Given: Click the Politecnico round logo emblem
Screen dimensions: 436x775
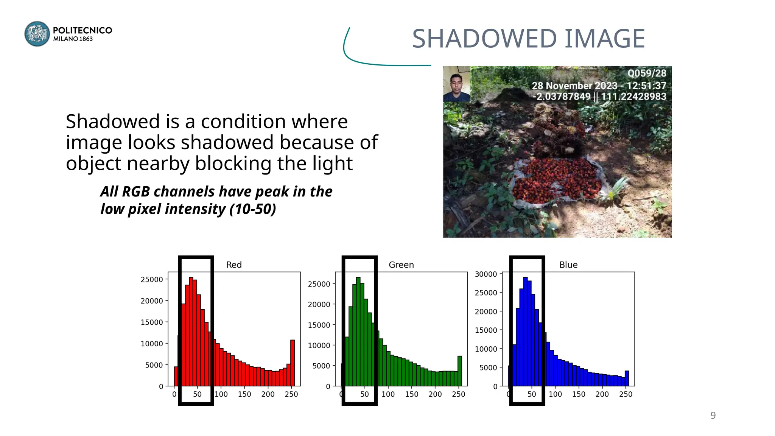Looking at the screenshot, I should [37, 34].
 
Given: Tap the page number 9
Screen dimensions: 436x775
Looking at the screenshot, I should [713, 416].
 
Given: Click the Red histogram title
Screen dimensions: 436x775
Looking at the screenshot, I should [234, 265].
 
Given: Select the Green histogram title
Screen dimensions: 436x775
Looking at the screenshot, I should [401, 265].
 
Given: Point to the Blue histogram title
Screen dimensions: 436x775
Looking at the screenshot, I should [568, 265].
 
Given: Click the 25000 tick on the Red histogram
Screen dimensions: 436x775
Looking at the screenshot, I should [152, 280].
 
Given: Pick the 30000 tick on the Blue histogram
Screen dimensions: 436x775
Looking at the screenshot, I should [486, 274].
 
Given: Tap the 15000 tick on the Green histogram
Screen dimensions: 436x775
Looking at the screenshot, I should [319, 325].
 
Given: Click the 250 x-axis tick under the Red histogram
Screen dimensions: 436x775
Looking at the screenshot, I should [291, 394].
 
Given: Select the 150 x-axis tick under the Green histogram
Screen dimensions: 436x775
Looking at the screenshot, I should [412, 394].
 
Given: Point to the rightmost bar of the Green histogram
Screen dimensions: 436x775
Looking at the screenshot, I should [460, 371].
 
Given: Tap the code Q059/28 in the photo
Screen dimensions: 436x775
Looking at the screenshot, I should [647, 73].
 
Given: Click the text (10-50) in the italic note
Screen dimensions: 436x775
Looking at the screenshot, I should [253, 209].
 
